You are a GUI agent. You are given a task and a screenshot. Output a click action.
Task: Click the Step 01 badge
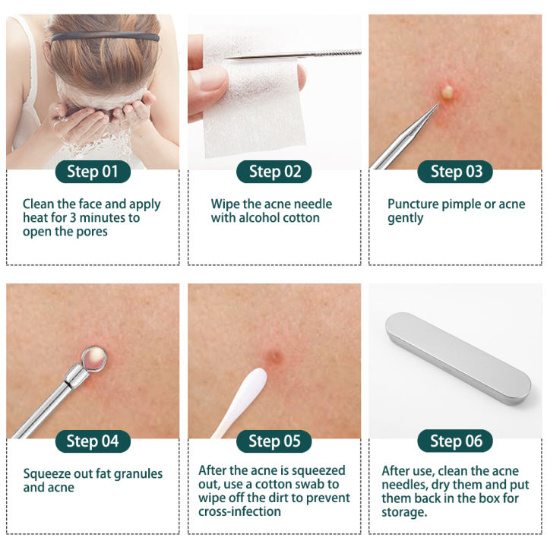(93, 172)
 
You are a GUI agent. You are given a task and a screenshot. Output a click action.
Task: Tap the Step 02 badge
(274, 172)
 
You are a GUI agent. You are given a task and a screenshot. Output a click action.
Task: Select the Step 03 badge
(456, 172)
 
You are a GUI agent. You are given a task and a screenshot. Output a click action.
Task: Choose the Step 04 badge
(93, 441)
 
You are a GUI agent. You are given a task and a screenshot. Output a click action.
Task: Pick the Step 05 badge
(274, 441)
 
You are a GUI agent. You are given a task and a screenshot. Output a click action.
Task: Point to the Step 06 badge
(456, 441)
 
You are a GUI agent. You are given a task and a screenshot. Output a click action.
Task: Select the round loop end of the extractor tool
(94, 354)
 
